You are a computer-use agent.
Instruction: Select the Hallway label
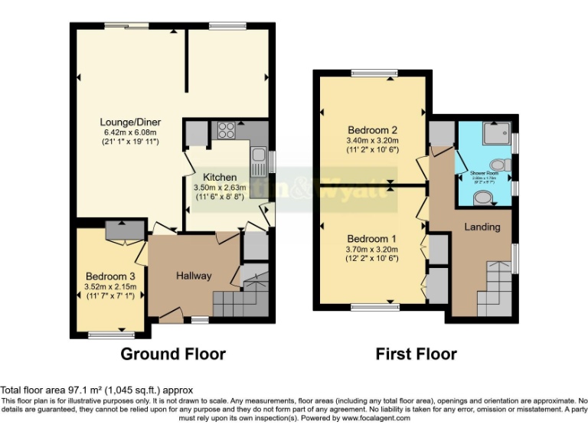click(x=194, y=276)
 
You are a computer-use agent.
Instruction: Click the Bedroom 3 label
click(x=111, y=276)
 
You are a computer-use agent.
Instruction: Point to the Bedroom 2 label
click(x=372, y=129)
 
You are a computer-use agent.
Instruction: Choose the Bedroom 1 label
click(x=372, y=247)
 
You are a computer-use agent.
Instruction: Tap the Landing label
click(x=482, y=227)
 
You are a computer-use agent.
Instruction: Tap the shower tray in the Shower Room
click(x=496, y=135)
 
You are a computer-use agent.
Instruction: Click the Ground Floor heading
click(x=173, y=354)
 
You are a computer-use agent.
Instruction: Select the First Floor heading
click(x=416, y=354)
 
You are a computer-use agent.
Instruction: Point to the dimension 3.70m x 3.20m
click(x=372, y=259)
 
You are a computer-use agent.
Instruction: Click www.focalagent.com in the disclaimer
click(x=371, y=418)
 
